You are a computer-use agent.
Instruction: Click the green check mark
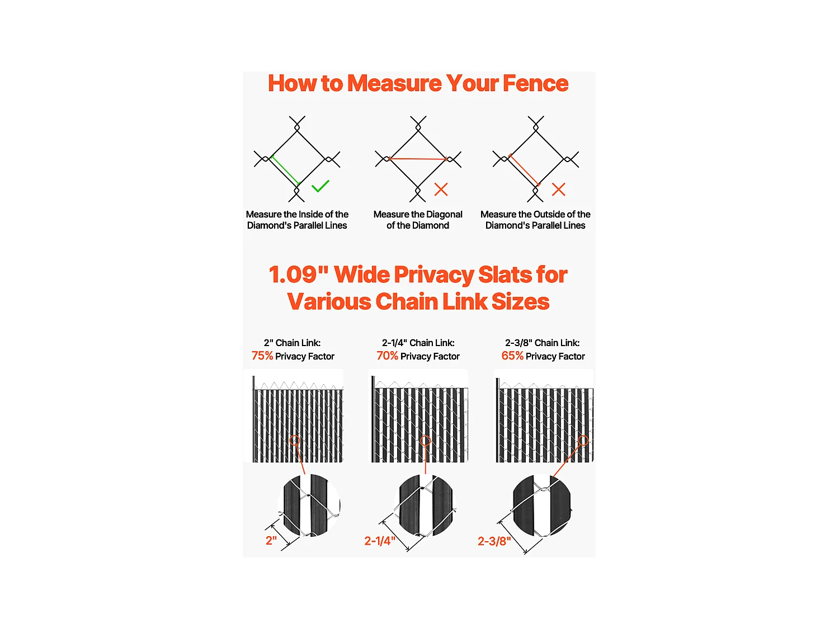319,186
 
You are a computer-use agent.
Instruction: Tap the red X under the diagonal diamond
441,190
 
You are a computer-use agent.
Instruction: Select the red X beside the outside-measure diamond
558,190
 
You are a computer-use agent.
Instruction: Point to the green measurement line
285,171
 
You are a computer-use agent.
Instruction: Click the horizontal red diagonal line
418,158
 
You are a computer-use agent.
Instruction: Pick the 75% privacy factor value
262,356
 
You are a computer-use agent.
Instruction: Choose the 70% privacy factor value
387,356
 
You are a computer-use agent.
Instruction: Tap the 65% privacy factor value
512,356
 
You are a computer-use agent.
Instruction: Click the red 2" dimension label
271,541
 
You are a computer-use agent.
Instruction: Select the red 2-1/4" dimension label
380,541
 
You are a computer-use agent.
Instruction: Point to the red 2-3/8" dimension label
494,541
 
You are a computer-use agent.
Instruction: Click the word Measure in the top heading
394,83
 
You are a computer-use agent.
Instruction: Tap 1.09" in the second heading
299,274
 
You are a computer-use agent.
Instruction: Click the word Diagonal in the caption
444,215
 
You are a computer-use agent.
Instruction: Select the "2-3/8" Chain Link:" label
542,343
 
